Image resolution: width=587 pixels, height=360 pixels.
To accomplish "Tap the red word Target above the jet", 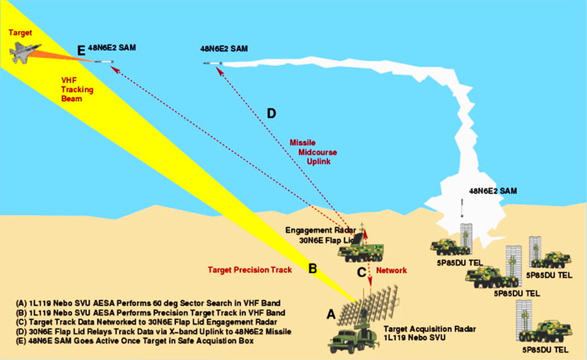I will pyautogui.click(x=17, y=32).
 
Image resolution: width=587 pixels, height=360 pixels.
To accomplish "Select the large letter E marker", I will pyautogui.click(x=81, y=50).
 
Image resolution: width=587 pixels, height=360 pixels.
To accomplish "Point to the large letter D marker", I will pyautogui.click(x=272, y=113).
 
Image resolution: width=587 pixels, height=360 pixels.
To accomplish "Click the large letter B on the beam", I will pyautogui.click(x=312, y=269).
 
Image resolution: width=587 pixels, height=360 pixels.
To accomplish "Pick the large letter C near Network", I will pyautogui.click(x=361, y=271).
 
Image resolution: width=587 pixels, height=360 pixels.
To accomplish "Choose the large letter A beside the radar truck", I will pyautogui.click(x=330, y=313).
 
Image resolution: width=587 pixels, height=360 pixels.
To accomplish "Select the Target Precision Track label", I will pyautogui.click(x=250, y=270).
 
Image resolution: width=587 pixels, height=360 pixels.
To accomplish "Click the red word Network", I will pyautogui.click(x=391, y=270).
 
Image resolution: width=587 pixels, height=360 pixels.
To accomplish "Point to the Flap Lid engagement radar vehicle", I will pyautogui.click(x=360, y=248).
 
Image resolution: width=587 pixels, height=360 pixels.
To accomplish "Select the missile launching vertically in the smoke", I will pyautogui.click(x=462, y=209).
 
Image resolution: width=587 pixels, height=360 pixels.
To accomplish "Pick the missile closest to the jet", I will pyautogui.click(x=104, y=62).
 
